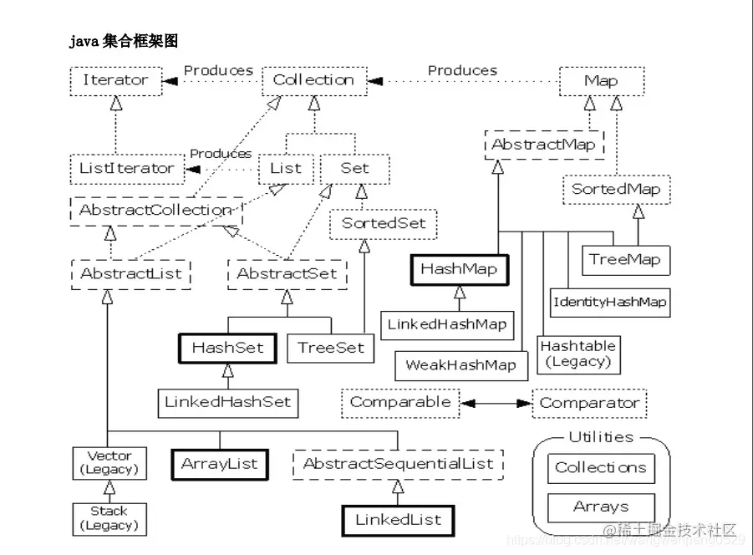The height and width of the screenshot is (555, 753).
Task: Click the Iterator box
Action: coord(115,81)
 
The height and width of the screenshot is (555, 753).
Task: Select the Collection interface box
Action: coord(314,81)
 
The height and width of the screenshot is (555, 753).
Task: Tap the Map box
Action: coord(601,81)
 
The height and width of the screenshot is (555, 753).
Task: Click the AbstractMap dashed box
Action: coord(543,145)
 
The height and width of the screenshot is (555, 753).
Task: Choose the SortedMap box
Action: coord(616,189)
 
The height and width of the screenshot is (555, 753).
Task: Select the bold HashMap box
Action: coord(459,269)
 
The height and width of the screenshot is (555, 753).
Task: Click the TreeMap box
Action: coord(625,259)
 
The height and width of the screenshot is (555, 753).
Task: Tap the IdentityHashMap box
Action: coord(609,302)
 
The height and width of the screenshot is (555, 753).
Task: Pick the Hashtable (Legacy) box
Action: coord(577,354)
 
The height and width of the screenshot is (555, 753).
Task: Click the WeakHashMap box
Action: coord(460,365)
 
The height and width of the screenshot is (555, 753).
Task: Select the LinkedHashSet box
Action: coord(227,402)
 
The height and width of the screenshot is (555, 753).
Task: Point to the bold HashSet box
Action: coord(227,348)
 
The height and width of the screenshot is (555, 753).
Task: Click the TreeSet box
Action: coord(332,348)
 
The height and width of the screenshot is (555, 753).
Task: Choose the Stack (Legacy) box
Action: coord(109,518)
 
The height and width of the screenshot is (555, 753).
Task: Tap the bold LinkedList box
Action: coord(397,520)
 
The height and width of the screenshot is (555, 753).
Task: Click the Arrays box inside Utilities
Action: coord(601,507)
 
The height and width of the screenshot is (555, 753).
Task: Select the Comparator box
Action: coord(589,403)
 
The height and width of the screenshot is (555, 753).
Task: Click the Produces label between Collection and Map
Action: coord(462,71)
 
